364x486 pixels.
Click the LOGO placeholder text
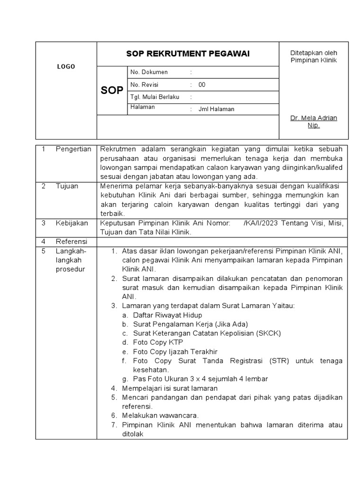[x=66, y=67]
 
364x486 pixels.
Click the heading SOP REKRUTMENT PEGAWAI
[x=188, y=54]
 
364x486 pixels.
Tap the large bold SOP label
[x=112, y=90]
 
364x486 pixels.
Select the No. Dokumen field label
[x=149, y=72]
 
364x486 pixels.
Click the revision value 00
[x=202, y=85]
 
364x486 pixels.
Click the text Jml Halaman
[x=216, y=109]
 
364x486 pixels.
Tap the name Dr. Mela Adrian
[x=313, y=118]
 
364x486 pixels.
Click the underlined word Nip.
[x=313, y=126]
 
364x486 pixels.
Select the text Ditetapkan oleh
[x=313, y=53]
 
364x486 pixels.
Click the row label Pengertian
[x=73, y=150]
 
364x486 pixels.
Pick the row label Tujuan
[x=67, y=186]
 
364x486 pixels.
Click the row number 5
[x=43, y=251]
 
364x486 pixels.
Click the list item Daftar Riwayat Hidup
[x=167, y=315]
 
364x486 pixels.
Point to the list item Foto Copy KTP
[x=158, y=342]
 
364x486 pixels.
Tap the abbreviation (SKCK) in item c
[x=269, y=333]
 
